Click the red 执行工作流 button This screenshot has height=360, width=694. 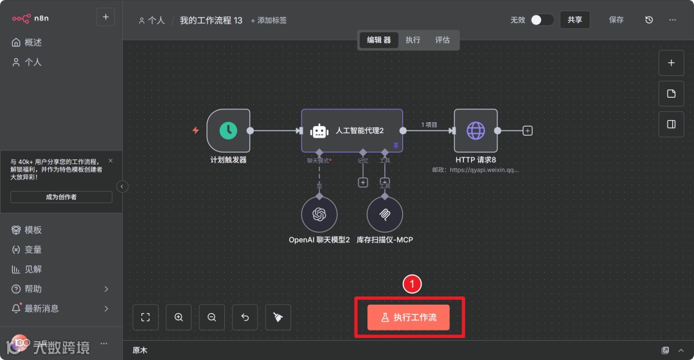pyautogui.click(x=408, y=318)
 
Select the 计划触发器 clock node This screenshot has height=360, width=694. pyautogui.click(x=228, y=130)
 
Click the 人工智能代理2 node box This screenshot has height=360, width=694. pyautogui.click(x=352, y=130)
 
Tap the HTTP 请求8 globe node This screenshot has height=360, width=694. pyautogui.click(x=476, y=130)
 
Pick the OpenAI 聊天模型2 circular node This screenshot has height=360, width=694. pyautogui.click(x=319, y=215)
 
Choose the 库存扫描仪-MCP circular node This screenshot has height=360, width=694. pyautogui.click(x=384, y=215)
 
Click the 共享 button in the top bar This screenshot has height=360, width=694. pyautogui.click(x=574, y=20)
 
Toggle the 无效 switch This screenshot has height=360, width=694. pyautogui.click(x=542, y=20)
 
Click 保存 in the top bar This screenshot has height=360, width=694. pyautogui.click(x=616, y=20)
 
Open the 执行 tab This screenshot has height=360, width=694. pyautogui.click(x=413, y=40)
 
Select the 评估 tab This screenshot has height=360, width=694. pyautogui.click(x=442, y=40)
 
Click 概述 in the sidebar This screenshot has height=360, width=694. pyautogui.click(x=33, y=42)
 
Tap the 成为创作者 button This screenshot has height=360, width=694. pyautogui.click(x=61, y=197)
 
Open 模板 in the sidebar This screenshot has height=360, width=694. pyautogui.click(x=33, y=230)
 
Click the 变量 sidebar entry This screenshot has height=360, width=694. pyautogui.click(x=33, y=249)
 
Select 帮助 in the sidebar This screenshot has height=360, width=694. pyautogui.click(x=33, y=289)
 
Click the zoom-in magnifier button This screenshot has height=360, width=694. pyautogui.click(x=179, y=317)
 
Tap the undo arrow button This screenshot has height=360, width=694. pyautogui.click(x=245, y=317)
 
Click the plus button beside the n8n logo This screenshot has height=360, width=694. pyautogui.click(x=105, y=17)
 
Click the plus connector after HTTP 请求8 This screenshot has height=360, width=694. pyautogui.click(x=528, y=130)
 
